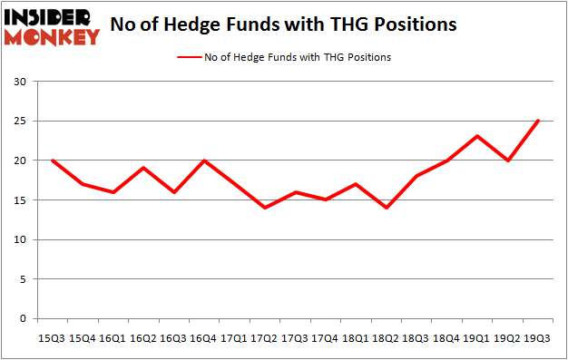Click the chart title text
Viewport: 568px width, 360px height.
click(283, 25)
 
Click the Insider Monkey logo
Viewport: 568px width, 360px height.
click(52, 26)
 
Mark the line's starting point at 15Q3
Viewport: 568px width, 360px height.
click(54, 161)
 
